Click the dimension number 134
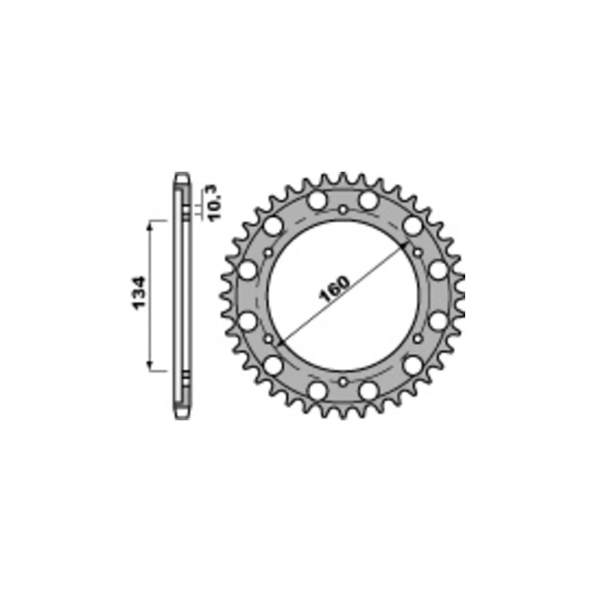tap(137, 293)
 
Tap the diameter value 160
tap(334, 289)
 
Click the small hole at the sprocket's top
tap(343, 210)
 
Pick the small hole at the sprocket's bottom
tap(343, 382)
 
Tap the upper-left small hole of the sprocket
tap(269, 253)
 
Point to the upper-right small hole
tap(417, 253)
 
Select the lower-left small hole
tap(269, 339)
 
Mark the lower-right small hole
tap(417, 339)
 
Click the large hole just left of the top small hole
tap(317, 200)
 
